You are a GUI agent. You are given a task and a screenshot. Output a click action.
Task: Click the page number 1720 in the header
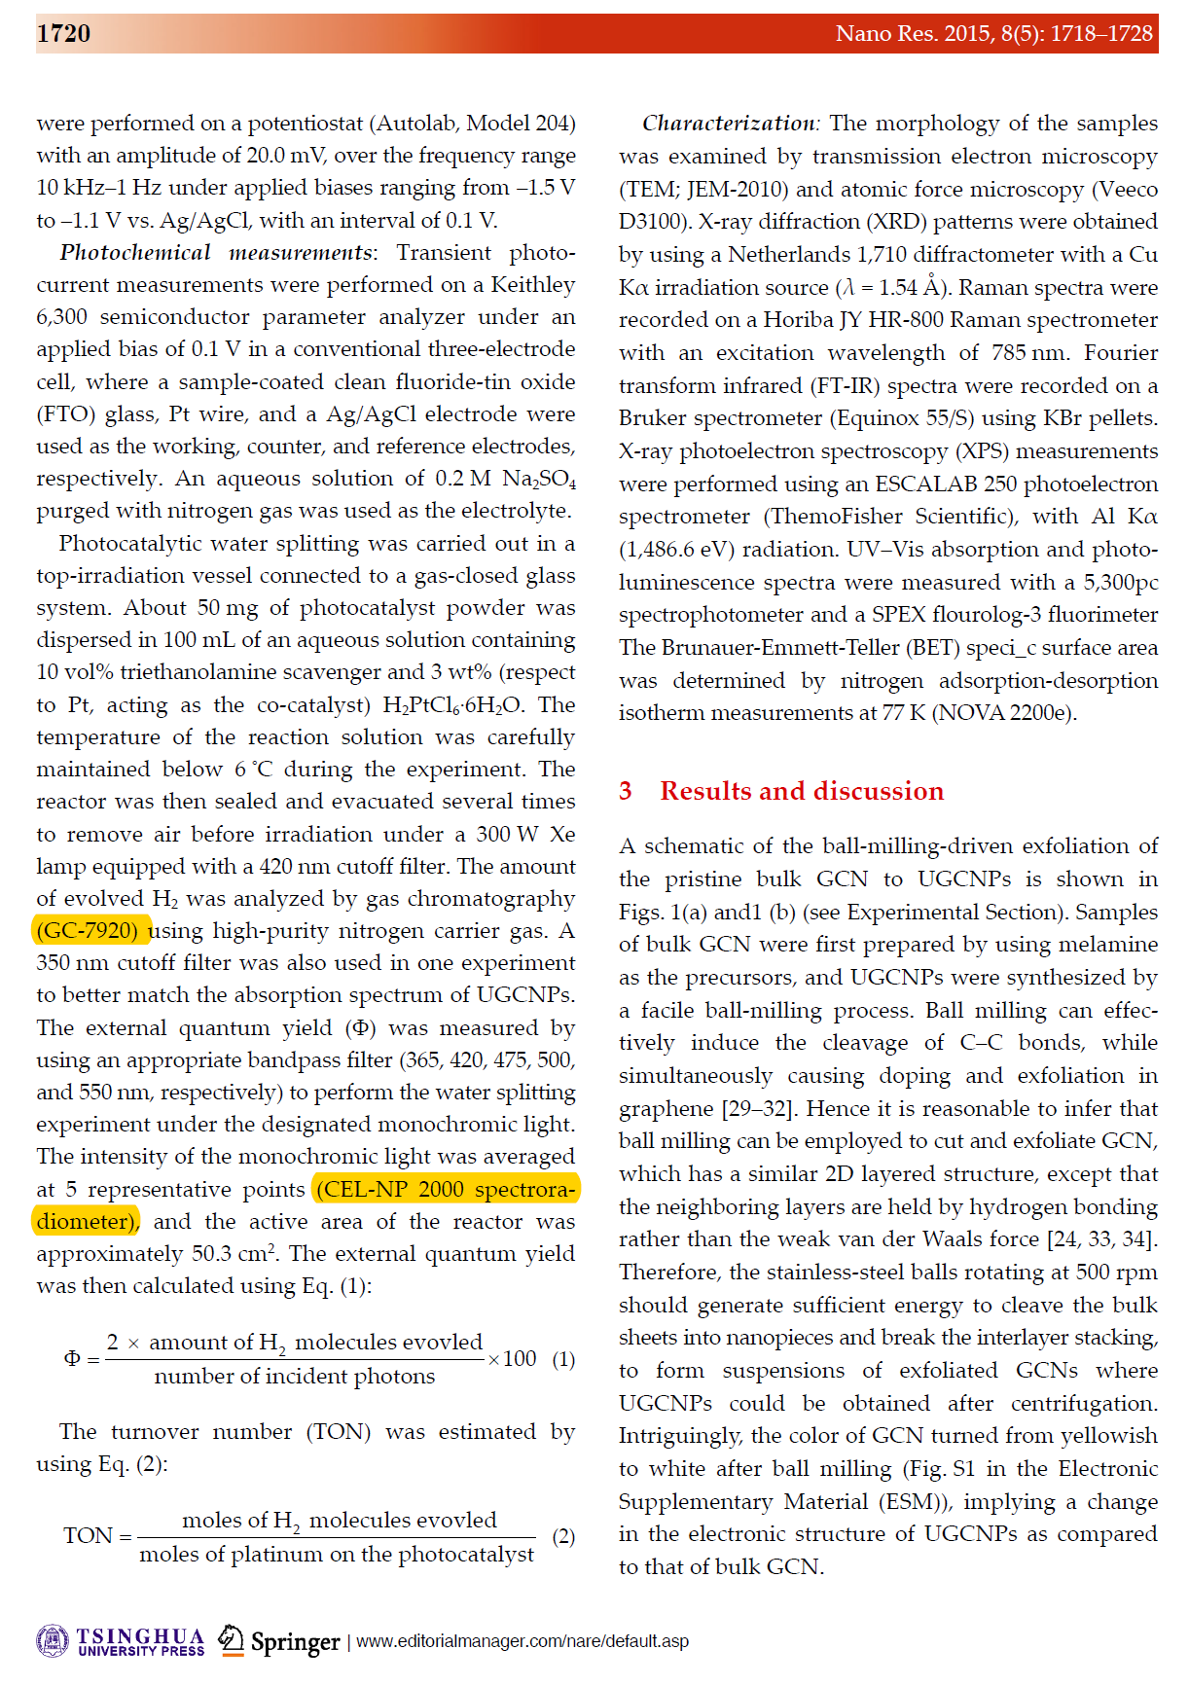(63, 34)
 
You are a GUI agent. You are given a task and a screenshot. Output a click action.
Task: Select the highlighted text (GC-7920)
(91, 931)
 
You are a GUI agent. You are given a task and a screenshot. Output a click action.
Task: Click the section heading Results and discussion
(801, 791)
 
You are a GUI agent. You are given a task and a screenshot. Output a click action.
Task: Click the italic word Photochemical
(135, 253)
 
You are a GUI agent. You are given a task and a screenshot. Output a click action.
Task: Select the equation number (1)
(563, 1359)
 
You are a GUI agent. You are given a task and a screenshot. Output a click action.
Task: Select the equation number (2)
(563, 1537)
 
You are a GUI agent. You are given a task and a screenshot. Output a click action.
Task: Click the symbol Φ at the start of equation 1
(72, 1359)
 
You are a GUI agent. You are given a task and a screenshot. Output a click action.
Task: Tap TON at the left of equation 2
(89, 1536)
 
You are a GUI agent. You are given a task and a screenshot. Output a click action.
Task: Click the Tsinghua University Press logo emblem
(53, 1641)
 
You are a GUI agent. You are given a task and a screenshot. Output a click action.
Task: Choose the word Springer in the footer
(295, 1642)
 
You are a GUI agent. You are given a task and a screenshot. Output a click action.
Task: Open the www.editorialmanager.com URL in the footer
(522, 1642)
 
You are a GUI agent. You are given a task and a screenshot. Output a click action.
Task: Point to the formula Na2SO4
(539, 480)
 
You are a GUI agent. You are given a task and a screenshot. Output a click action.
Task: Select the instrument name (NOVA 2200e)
(1004, 713)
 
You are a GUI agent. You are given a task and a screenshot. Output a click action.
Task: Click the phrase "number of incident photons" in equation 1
(294, 1377)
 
